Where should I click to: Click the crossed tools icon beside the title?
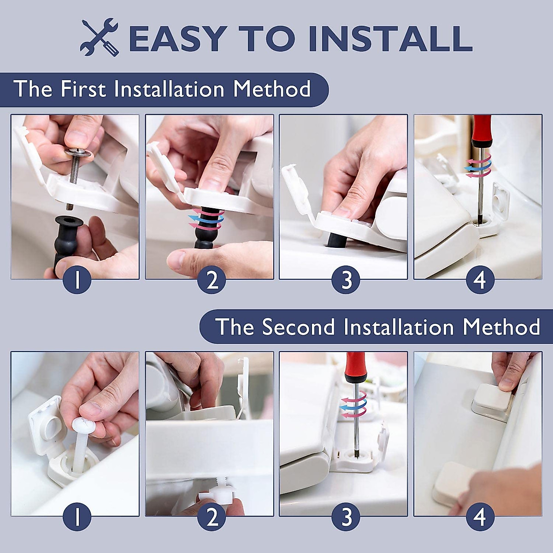pos(99,37)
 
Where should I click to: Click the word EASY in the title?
pos(178,38)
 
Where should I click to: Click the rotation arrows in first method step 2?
pos(206,219)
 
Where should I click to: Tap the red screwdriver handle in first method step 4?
pos(480,130)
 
